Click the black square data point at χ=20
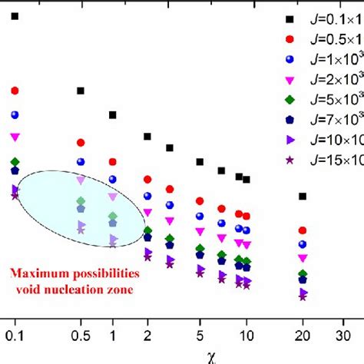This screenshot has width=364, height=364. [x=303, y=197]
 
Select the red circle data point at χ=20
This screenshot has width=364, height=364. [x=303, y=230]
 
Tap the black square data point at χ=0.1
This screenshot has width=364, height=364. [x=15, y=15]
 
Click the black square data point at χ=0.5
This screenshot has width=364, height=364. [x=80, y=91]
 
